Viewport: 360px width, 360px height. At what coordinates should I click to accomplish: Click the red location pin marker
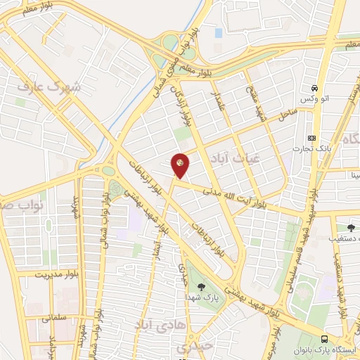click(181, 165)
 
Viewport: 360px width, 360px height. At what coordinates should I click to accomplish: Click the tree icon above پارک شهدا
click(202, 287)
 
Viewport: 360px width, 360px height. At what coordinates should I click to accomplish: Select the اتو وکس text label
click(316, 101)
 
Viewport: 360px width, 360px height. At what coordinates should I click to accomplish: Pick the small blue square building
click(218, 32)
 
